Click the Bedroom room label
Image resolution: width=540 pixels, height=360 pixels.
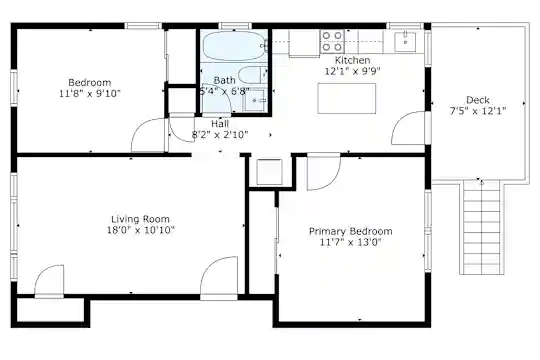point(90,83)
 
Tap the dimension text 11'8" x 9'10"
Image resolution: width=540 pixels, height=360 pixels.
point(90,93)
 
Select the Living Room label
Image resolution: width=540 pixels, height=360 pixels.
point(140,219)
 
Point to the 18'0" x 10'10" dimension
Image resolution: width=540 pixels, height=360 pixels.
point(141,230)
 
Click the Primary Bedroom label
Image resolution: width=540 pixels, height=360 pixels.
point(351,231)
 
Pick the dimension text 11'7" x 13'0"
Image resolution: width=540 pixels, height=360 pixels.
point(351,242)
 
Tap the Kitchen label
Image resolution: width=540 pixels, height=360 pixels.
point(352,60)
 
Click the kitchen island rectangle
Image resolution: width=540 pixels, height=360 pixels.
point(346,98)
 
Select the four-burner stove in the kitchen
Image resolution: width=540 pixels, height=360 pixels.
point(332,41)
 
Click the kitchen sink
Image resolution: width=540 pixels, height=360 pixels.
point(405,42)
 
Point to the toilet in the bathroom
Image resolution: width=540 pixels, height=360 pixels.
point(252,75)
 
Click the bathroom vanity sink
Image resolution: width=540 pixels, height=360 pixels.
point(255,101)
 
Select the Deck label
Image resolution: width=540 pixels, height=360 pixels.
point(478,100)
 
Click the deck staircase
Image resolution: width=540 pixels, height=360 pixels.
point(481,227)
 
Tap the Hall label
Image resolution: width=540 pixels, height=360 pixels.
point(220,124)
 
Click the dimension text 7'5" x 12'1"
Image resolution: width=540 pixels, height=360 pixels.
point(478,111)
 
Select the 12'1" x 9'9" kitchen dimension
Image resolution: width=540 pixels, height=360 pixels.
point(352,71)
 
